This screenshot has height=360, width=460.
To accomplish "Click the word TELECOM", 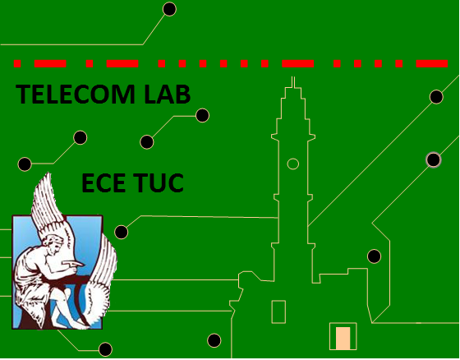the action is click(x=76, y=94).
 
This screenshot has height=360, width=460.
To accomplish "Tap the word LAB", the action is click(x=168, y=94).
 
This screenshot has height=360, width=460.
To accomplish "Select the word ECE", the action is click(x=103, y=182).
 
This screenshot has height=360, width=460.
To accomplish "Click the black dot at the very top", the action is click(x=169, y=9).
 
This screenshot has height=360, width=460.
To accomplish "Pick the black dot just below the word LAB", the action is click(x=202, y=115).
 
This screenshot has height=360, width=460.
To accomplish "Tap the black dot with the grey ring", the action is click(x=434, y=160).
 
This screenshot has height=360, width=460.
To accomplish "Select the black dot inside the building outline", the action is click(x=374, y=256).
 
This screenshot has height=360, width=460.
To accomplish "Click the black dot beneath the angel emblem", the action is click(x=105, y=349).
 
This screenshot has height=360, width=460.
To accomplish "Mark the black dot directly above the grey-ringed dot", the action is click(x=436, y=97).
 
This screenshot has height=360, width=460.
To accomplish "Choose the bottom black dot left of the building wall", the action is click(x=214, y=340).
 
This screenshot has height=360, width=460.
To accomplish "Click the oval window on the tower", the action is click(x=292, y=164).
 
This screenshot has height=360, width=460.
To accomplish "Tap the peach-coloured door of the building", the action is click(x=343, y=339).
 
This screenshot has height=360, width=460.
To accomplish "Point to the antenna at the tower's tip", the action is click(x=293, y=82).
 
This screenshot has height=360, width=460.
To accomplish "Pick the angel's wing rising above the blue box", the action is click(x=48, y=200).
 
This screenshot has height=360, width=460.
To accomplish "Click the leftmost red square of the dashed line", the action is click(x=17, y=63).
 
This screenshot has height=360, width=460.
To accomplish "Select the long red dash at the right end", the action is click(x=432, y=63).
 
